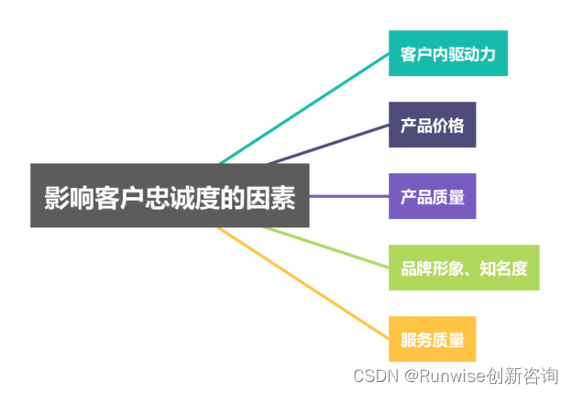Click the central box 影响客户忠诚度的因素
coord(170,196)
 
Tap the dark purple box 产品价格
coord(432,125)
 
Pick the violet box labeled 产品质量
coord(432,196)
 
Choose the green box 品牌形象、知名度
coord(463,267)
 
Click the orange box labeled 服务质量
coord(432,339)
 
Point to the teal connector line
coord(302,107)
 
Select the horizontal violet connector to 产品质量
coord(348,196)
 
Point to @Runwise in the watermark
coord(447,376)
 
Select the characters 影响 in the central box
coord(68,197)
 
